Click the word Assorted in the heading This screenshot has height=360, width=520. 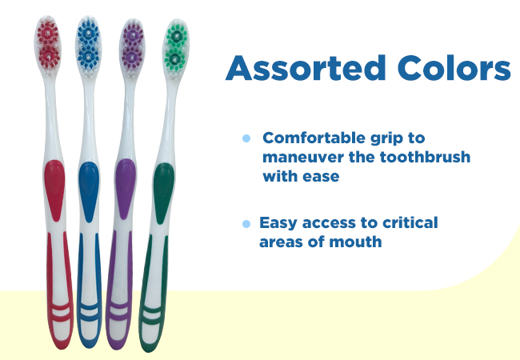[x=306, y=68]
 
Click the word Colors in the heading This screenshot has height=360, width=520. [x=454, y=68]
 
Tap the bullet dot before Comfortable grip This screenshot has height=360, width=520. [x=246, y=138]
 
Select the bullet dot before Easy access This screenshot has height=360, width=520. [x=246, y=224]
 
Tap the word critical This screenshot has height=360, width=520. [x=410, y=222]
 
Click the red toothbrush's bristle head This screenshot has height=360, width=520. [x=48, y=46]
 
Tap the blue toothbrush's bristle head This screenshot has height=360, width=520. [x=89, y=46]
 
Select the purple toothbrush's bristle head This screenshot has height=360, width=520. [x=132, y=49]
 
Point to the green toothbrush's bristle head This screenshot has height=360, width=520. [x=176, y=49]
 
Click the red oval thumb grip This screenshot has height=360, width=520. [x=54, y=190]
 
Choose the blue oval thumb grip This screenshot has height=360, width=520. [x=89, y=191]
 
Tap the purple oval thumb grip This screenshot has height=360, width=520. [x=126, y=188]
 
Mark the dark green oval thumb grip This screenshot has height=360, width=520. [x=163, y=193]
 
